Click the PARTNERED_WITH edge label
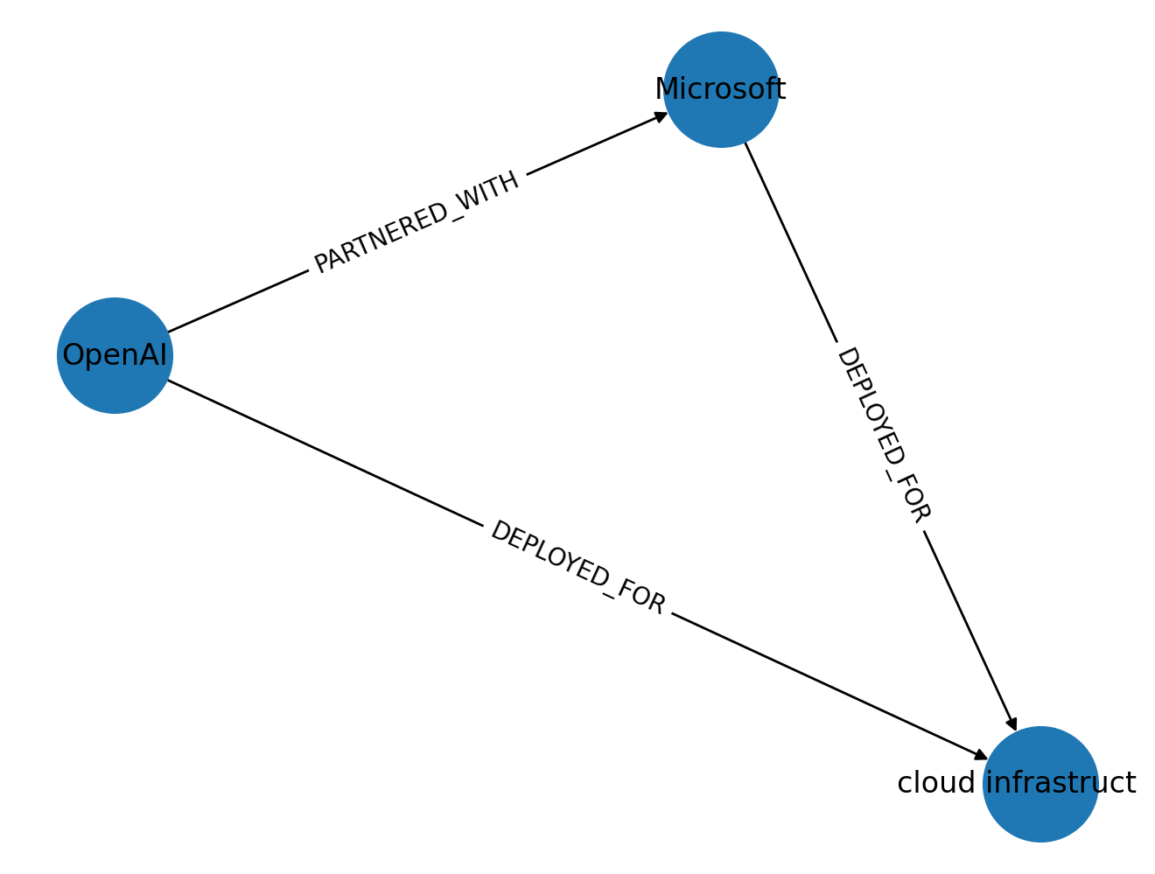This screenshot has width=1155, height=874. pyautogui.click(x=416, y=222)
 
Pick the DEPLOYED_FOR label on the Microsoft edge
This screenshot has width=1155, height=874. pyautogui.click(x=883, y=435)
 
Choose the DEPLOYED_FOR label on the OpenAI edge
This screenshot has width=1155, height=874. pyautogui.click(x=577, y=568)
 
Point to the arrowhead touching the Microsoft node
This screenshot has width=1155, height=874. pyautogui.click(x=661, y=115)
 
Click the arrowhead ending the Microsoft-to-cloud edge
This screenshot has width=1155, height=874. pyautogui.click(x=1012, y=724)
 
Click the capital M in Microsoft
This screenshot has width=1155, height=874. pyautogui.click(x=668, y=89)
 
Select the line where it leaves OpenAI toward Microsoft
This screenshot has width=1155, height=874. pyautogui.click(x=175, y=329)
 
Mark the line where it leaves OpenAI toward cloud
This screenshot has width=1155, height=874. pyautogui.click(x=175, y=384)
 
